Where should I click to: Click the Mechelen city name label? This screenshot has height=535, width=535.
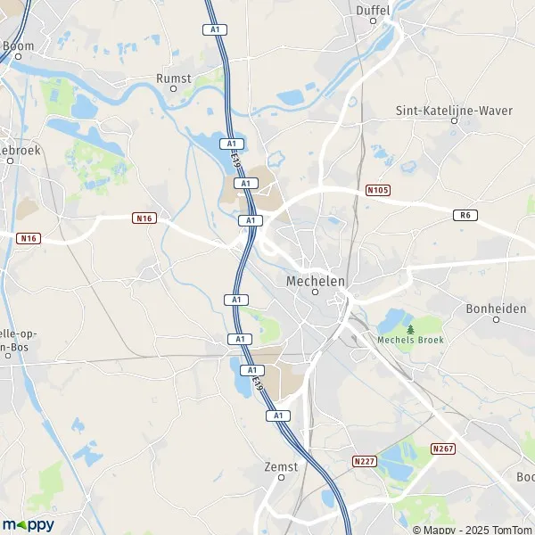[x=315, y=280]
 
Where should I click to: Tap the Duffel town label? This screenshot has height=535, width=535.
[x=373, y=10]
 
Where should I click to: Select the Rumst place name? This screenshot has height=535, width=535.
[x=174, y=78]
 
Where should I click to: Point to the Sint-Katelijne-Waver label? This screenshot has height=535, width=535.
[x=453, y=111]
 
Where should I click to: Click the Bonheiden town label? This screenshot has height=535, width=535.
[x=496, y=309]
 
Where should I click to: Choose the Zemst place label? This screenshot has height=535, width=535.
[x=281, y=465]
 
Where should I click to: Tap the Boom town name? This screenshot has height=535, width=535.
[x=18, y=45]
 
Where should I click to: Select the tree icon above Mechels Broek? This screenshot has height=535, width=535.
[x=410, y=329]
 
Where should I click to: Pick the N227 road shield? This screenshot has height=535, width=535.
[x=363, y=461]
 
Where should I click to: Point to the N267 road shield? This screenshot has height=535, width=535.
[x=441, y=449]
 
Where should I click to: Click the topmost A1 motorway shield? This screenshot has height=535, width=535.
[x=214, y=29]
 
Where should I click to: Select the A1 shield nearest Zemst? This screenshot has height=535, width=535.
[x=277, y=416]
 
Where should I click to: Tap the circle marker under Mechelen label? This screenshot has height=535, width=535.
[x=315, y=292]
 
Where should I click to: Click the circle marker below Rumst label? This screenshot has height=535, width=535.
[x=174, y=90]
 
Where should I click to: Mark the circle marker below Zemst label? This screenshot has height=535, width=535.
[x=281, y=477]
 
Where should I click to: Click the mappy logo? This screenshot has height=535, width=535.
[x=29, y=524]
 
